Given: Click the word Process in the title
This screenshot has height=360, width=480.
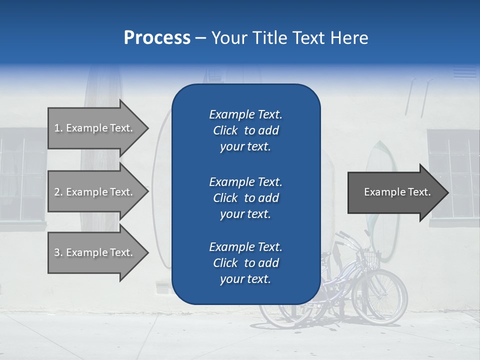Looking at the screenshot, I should (157, 38).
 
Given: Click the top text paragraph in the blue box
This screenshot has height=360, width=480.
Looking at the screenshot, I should (245, 130).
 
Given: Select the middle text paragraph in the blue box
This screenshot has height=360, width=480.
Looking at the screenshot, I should (245, 197).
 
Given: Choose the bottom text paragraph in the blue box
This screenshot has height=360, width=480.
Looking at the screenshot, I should (245, 263).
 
